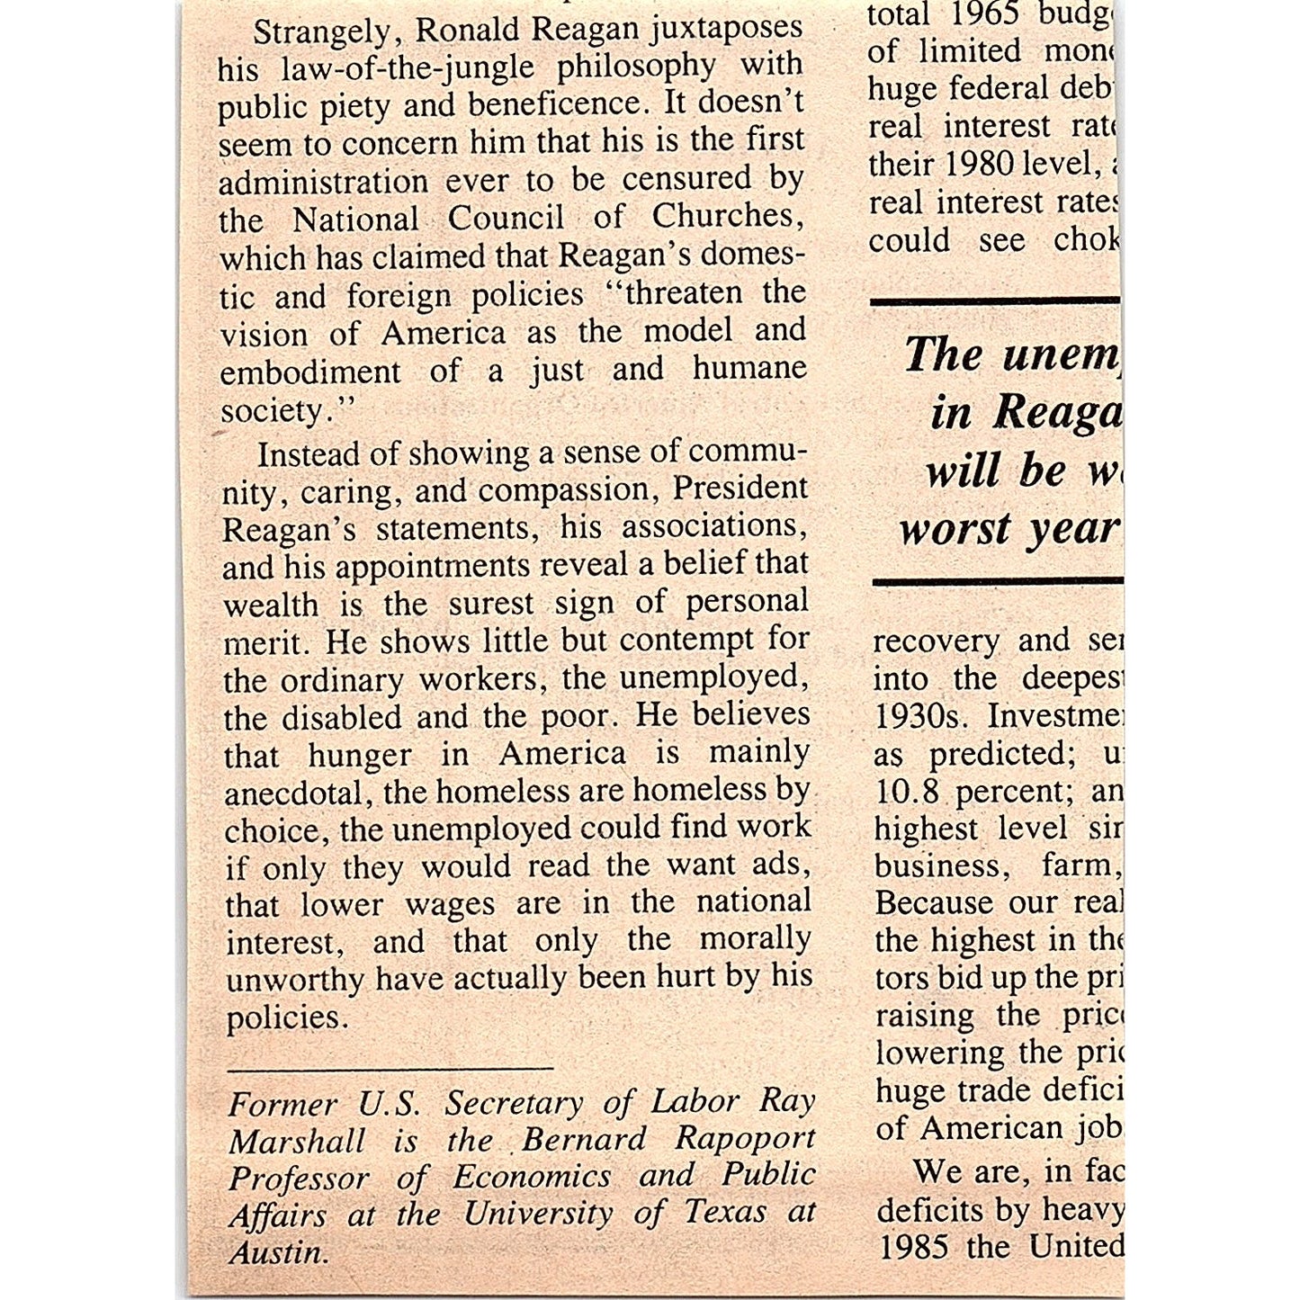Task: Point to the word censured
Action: point(686,179)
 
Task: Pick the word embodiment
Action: point(309,372)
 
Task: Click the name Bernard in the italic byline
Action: point(583,1140)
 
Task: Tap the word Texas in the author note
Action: point(724,1213)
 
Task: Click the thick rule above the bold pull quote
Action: point(995,301)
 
